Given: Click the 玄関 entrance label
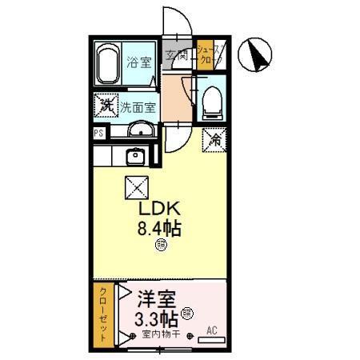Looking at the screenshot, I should tap(177, 55).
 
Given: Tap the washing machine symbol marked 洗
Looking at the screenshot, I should tap(105, 104).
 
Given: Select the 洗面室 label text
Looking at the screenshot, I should tap(138, 104).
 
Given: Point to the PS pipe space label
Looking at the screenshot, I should tap(98, 134).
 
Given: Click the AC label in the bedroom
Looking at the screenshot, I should tap(212, 330).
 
